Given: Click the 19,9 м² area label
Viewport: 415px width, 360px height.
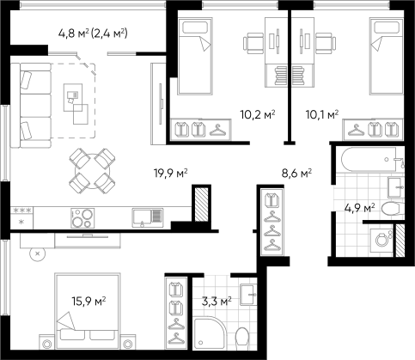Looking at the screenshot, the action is (x=171, y=174).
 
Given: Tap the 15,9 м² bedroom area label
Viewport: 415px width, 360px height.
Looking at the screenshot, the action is (x=88, y=301).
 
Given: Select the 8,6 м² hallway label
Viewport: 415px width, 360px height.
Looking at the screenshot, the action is (x=296, y=173).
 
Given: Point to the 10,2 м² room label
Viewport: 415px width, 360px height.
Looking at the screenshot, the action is (x=258, y=114).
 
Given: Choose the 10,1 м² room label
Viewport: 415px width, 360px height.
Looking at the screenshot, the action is (x=322, y=114).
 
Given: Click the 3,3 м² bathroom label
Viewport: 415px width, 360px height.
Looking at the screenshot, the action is (x=217, y=302).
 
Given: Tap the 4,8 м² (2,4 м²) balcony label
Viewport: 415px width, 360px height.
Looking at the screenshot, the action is (x=93, y=34).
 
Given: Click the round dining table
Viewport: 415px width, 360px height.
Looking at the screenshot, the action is (x=92, y=171).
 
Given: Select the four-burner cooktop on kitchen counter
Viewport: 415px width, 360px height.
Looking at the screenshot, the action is (x=82, y=218).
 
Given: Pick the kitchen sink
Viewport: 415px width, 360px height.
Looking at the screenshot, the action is (x=148, y=218).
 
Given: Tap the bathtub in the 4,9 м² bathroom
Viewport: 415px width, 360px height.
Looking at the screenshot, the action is (x=372, y=159).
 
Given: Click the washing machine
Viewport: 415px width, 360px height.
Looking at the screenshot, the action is (x=381, y=240).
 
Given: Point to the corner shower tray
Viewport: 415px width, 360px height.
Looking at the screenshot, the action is (x=210, y=333).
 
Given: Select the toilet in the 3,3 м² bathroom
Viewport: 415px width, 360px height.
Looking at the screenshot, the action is (x=242, y=339).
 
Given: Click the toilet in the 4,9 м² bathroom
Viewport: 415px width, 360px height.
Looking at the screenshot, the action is (x=393, y=208).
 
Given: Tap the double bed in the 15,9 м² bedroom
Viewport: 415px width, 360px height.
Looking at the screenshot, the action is (x=87, y=311).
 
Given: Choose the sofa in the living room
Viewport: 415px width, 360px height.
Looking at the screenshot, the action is (x=31, y=106).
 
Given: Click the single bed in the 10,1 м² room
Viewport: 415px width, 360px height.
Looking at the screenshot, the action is (x=387, y=56).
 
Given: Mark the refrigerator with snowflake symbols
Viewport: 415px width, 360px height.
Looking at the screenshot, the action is (x=21, y=218).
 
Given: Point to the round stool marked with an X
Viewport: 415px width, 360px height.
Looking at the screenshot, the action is (x=38, y=253).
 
